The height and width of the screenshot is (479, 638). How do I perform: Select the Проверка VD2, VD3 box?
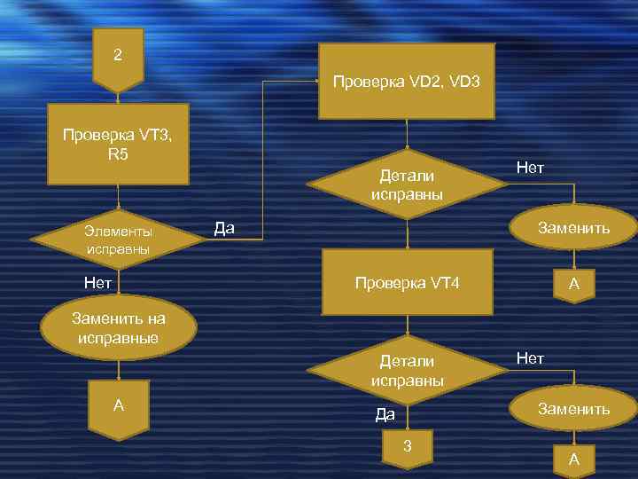pyautogui.click(x=407, y=82)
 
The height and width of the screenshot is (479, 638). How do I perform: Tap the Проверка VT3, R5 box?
pyautogui.click(x=118, y=145)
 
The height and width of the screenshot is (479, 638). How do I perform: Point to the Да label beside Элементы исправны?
pyautogui.click(x=224, y=230)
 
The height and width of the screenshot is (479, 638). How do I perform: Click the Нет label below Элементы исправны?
pyautogui.click(x=97, y=283)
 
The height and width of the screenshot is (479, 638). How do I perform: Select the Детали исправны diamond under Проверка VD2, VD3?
pyautogui.click(x=407, y=185)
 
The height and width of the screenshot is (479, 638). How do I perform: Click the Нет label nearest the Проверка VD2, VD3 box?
pyautogui.click(x=530, y=168)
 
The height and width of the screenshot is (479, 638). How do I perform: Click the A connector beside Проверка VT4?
pyautogui.click(x=574, y=286)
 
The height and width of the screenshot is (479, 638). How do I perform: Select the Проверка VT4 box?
pyautogui.click(x=407, y=283)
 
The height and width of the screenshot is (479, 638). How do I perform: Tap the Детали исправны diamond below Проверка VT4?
pyautogui.click(x=407, y=371)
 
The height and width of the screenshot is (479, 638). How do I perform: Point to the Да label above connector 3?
pyautogui.click(x=385, y=413)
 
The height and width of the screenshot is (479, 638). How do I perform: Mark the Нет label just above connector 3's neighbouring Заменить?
pyautogui.click(x=530, y=357)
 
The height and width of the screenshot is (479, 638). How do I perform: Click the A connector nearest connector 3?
pyautogui.click(x=574, y=459)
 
